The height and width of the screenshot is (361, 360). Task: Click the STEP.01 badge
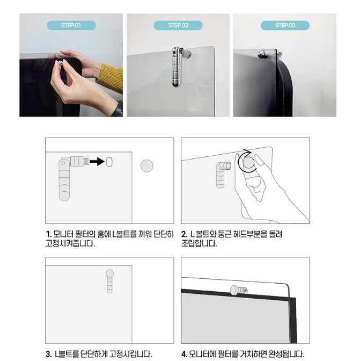pyautogui.click(x=71, y=25)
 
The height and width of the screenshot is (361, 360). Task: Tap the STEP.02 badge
pyautogui.click(x=178, y=25)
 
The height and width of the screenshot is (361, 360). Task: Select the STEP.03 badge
pyautogui.click(x=285, y=25)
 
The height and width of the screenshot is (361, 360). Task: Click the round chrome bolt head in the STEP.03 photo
pyautogui.click(x=262, y=55)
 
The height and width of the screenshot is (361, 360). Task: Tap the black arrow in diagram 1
pyautogui.click(x=97, y=161)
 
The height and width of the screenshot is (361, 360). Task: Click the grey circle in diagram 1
pyautogui.click(x=147, y=166)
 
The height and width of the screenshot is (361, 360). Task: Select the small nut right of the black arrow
pyautogui.click(x=109, y=162)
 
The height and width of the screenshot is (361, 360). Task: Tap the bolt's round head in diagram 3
pyautogui.click(x=109, y=273)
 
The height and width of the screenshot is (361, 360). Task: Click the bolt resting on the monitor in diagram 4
pyautogui.click(x=239, y=290)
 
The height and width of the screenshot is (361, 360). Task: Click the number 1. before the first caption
pyautogui.click(x=48, y=234)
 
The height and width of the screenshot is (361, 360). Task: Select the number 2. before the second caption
pyautogui.click(x=185, y=234)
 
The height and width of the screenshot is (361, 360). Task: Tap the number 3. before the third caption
pyautogui.click(x=48, y=354)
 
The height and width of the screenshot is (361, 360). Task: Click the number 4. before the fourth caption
pyautogui.click(x=185, y=354)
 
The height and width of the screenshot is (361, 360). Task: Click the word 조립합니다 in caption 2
pyautogui.click(x=199, y=243)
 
